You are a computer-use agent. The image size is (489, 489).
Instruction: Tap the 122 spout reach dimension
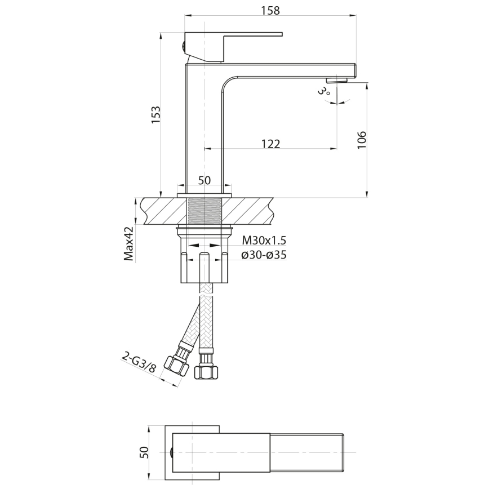270,144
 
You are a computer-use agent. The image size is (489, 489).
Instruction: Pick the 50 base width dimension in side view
205,180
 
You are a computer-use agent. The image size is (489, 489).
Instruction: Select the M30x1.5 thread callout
264,241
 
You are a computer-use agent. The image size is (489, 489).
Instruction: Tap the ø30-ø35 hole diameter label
264,255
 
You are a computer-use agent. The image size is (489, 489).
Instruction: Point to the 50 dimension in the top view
144,452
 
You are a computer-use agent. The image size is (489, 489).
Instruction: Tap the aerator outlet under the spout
337,80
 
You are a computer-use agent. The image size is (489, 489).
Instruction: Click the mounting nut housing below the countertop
205,265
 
